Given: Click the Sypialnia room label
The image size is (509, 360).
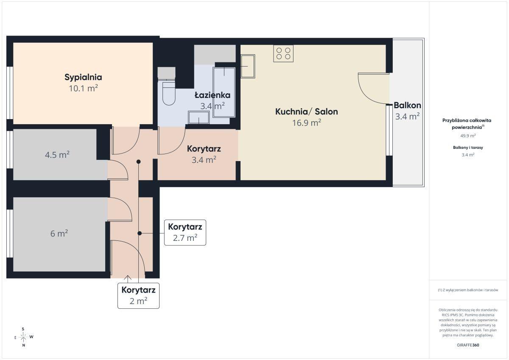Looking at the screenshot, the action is coord(83,78).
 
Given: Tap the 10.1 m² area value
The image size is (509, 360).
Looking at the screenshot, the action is coord(83,88).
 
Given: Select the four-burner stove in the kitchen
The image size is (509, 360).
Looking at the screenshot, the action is coord(283,53).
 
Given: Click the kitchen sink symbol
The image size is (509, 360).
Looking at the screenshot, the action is coord(248,66).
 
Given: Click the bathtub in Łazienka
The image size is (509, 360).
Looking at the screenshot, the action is coord(224,92).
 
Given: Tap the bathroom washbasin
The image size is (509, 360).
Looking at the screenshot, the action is coord(199,117).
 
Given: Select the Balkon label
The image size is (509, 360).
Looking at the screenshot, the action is coord(407,106).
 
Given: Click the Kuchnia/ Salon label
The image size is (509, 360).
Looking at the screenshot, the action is coord(307,112).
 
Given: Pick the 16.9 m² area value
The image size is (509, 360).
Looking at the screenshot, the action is coord(307,123).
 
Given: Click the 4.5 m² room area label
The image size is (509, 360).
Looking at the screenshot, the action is coord(57,155).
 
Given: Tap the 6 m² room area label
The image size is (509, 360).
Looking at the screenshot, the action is coord(59,233).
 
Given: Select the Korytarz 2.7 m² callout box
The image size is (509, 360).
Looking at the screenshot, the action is coord(185,232).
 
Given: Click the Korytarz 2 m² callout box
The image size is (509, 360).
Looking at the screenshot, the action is coord(138,296).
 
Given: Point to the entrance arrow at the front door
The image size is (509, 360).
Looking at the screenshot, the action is coord(128,279).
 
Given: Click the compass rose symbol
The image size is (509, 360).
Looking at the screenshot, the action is coord(23,337).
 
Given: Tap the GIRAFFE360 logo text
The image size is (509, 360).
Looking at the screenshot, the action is coord(468,345).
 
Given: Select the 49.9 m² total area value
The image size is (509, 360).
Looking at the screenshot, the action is coord(468,136).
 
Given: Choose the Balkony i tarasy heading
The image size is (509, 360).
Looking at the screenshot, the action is coord(468,148).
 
